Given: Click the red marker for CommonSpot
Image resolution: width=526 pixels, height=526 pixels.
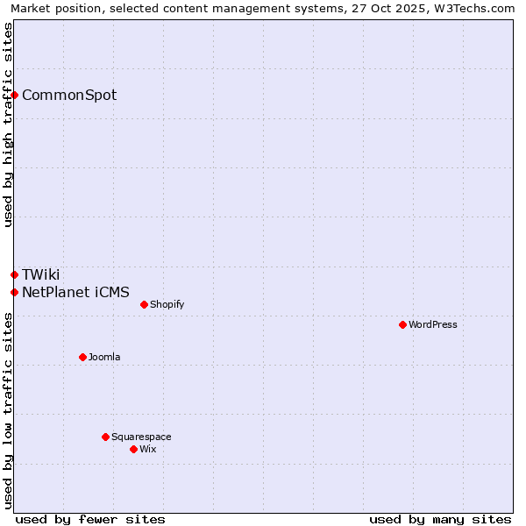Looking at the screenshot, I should click(x=15, y=95).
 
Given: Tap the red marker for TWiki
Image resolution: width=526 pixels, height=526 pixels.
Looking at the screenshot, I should click(x=15, y=274).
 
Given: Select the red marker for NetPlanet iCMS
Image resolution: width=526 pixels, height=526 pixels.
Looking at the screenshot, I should click(x=15, y=292).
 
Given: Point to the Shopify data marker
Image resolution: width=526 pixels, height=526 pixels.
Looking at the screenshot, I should click(x=145, y=304).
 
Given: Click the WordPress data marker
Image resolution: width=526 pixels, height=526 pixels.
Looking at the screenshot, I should click(x=403, y=324).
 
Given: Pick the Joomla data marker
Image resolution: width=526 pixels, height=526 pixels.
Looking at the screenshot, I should click(x=83, y=357).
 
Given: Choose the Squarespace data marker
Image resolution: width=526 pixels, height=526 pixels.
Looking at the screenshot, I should click(x=106, y=437).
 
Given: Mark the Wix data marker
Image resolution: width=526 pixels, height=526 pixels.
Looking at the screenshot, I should click(x=134, y=449).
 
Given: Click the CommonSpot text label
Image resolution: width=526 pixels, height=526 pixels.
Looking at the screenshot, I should click(x=69, y=96).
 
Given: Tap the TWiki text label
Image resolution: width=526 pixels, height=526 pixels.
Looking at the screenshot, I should click(x=41, y=275).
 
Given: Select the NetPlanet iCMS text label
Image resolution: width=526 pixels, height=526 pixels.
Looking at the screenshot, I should click(x=75, y=293).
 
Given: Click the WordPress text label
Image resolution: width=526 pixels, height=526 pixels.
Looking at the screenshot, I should click(x=433, y=325).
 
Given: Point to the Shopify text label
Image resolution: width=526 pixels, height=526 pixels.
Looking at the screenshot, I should click(x=167, y=305).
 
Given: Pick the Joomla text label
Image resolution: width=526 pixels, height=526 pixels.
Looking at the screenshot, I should click(x=104, y=358).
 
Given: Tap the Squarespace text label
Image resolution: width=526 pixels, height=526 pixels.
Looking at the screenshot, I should click(x=141, y=437).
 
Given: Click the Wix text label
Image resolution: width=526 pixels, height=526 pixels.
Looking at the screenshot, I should click(x=148, y=450).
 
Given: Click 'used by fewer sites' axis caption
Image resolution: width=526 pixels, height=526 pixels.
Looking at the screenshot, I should click(x=90, y=519).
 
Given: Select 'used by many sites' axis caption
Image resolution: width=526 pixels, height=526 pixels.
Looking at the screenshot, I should click(x=440, y=519).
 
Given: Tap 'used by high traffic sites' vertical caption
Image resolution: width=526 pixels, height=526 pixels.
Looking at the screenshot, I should click(x=8, y=124).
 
